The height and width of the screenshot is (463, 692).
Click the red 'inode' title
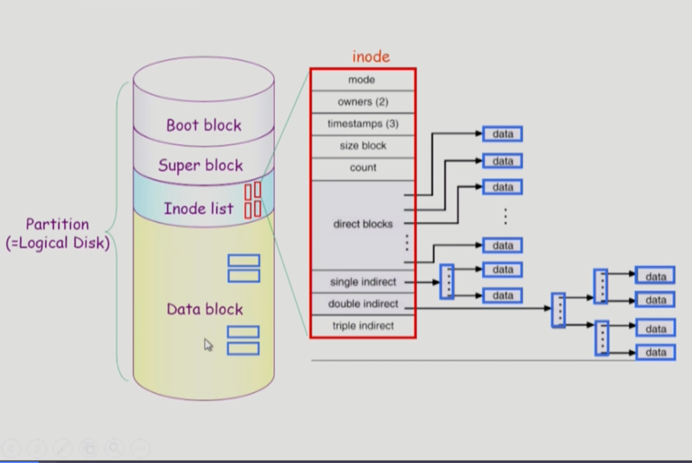click(371, 57)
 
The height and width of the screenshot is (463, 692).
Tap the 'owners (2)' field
click(363, 101)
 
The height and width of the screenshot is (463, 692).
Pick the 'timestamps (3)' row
click(363, 124)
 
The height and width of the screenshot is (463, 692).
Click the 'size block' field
click(363, 145)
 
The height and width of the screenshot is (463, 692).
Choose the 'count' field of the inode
click(363, 167)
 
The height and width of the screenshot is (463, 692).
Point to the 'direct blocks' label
click(363, 224)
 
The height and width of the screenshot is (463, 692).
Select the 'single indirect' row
click(363, 282)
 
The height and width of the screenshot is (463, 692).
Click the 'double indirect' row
click(363, 304)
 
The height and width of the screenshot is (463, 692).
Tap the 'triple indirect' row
click(363, 326)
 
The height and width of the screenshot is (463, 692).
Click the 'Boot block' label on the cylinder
click(204, 125)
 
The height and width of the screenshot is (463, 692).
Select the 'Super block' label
click(201, 165)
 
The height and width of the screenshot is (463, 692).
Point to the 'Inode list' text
click(199, 208)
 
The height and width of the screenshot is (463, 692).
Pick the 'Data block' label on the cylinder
click(205, 309)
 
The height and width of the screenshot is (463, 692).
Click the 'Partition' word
click(57, 224)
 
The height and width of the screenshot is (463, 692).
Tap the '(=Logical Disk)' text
click(58, 243)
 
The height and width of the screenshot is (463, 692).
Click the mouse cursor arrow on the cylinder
click(208, 345)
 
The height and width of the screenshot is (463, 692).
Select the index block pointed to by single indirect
click(447, 282)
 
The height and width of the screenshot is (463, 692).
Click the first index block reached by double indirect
click(559, 310)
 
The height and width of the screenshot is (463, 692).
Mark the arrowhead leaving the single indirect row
click(436, 282)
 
